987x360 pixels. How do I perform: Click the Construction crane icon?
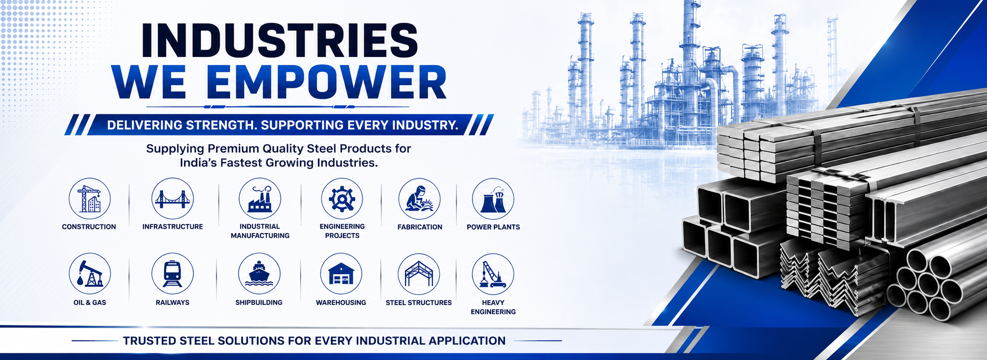pyautogui.click(x=89, y=199)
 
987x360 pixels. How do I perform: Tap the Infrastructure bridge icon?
pyautogui.click(x=173, y=199)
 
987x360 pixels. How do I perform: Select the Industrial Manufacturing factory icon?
pyautogui.click(x=260, y=199)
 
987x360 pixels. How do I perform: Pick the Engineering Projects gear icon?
pyautogui.click(x=342, y=199)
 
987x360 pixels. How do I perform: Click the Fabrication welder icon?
pyautogui.click(x=419, y=199)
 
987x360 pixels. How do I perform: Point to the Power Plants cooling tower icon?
pyautogui.click(x=493, y=199)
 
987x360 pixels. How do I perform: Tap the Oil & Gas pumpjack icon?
pyautogui.click(x=90, y=274)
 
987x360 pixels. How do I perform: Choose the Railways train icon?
pyautogui.click(x=173, y=274)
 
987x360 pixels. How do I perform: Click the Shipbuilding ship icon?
pyautogui.click(x=259, y=274)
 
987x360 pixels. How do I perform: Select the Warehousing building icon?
pyautogui.click(x=341, y=274)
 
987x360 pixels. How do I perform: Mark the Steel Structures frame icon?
pyautogui.click(x=419, y=274)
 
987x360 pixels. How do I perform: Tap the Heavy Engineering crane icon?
pyautogui.click(x=493, y=274)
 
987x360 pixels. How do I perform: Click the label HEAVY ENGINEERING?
pyautogui.click(x=493, y=307)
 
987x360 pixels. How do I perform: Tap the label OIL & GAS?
pyautogui.click(x=90, y=302)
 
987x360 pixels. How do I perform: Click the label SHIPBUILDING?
pyautogui.click(x=259, y=302)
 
